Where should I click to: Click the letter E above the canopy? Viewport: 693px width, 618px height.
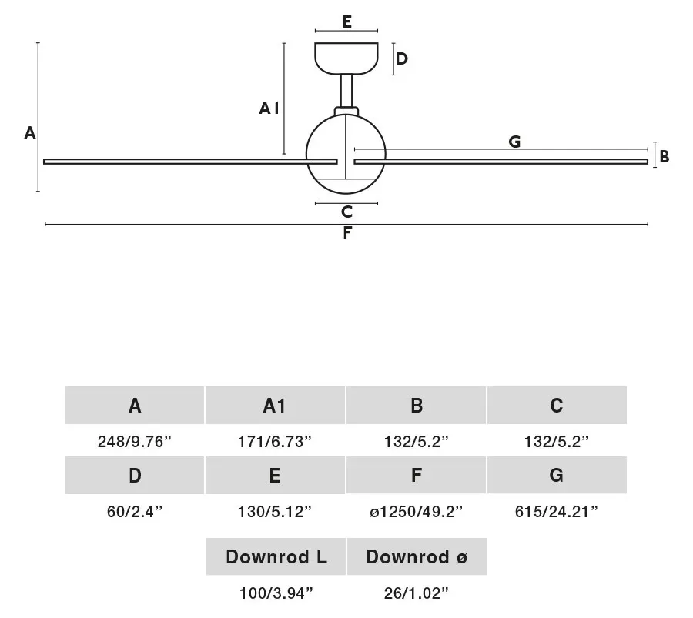tap(347, 22)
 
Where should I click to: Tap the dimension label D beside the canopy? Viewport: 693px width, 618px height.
tap(402, 58)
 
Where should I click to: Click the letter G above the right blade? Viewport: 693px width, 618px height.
tap(514, 142)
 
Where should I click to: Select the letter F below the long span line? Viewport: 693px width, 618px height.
tap(347, 232)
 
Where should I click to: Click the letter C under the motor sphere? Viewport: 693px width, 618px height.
tap(347, 212)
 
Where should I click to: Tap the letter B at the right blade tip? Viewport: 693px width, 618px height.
tap(665, 156)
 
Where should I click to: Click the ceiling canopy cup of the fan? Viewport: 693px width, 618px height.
tap(346, 58)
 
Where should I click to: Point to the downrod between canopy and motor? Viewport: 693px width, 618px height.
tap(346, 91)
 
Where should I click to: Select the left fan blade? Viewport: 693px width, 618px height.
tap(190, 162)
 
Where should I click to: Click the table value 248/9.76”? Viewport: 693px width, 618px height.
tap(134, 441)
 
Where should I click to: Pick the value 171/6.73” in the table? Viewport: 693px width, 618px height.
tap(274, 441)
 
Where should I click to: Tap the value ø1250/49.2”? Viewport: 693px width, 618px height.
tap(416, 512)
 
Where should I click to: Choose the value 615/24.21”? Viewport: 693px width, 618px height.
tap(557, 512)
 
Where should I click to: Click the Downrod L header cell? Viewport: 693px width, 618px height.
tap(276, 556)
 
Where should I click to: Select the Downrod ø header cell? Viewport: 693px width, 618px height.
tap(417, 556)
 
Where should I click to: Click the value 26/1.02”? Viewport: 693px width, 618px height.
tap(416, 593)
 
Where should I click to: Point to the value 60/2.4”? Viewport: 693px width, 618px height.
tap(134, 512)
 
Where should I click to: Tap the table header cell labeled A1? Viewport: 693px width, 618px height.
tap(275, 405)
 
